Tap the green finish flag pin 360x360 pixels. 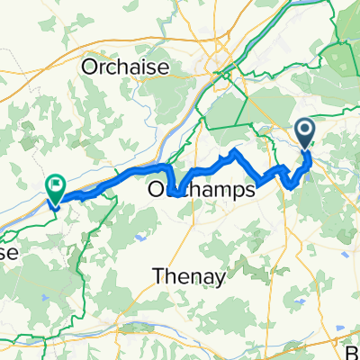click(56, 189)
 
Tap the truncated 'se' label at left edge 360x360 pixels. click(9, 254)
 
